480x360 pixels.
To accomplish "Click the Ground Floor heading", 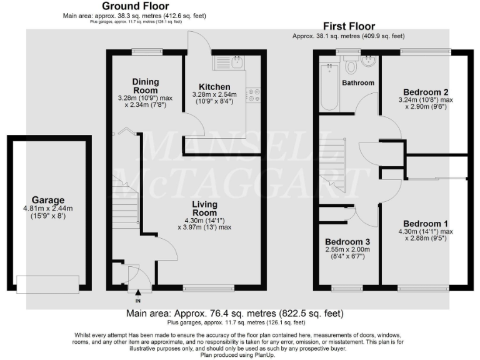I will [135, 6].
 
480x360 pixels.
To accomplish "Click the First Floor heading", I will [349, 26].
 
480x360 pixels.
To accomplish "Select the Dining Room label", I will [146, 86].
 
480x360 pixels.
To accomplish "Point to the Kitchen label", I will [214, 86].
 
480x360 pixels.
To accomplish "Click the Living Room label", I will [204, 209].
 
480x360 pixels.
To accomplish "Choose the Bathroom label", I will [358, 82].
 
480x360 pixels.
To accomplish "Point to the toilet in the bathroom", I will [351, 65].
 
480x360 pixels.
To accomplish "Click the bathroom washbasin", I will [369, 62].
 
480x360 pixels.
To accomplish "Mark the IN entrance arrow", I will [137, 290].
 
